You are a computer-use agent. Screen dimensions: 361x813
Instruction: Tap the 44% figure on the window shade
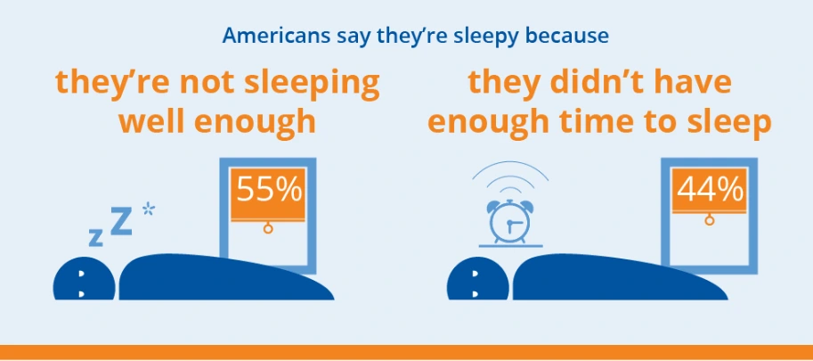(x=709, y=191)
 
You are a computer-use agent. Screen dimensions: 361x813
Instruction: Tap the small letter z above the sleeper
(x=95, y=237)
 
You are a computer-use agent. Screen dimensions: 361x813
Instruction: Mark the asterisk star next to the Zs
(x=148, y=209)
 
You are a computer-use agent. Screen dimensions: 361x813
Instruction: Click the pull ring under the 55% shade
(x=267, y=229)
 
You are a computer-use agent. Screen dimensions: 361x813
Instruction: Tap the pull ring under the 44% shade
(x=709, y=220)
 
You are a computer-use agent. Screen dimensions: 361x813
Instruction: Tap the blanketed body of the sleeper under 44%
(x=614, y=278)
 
